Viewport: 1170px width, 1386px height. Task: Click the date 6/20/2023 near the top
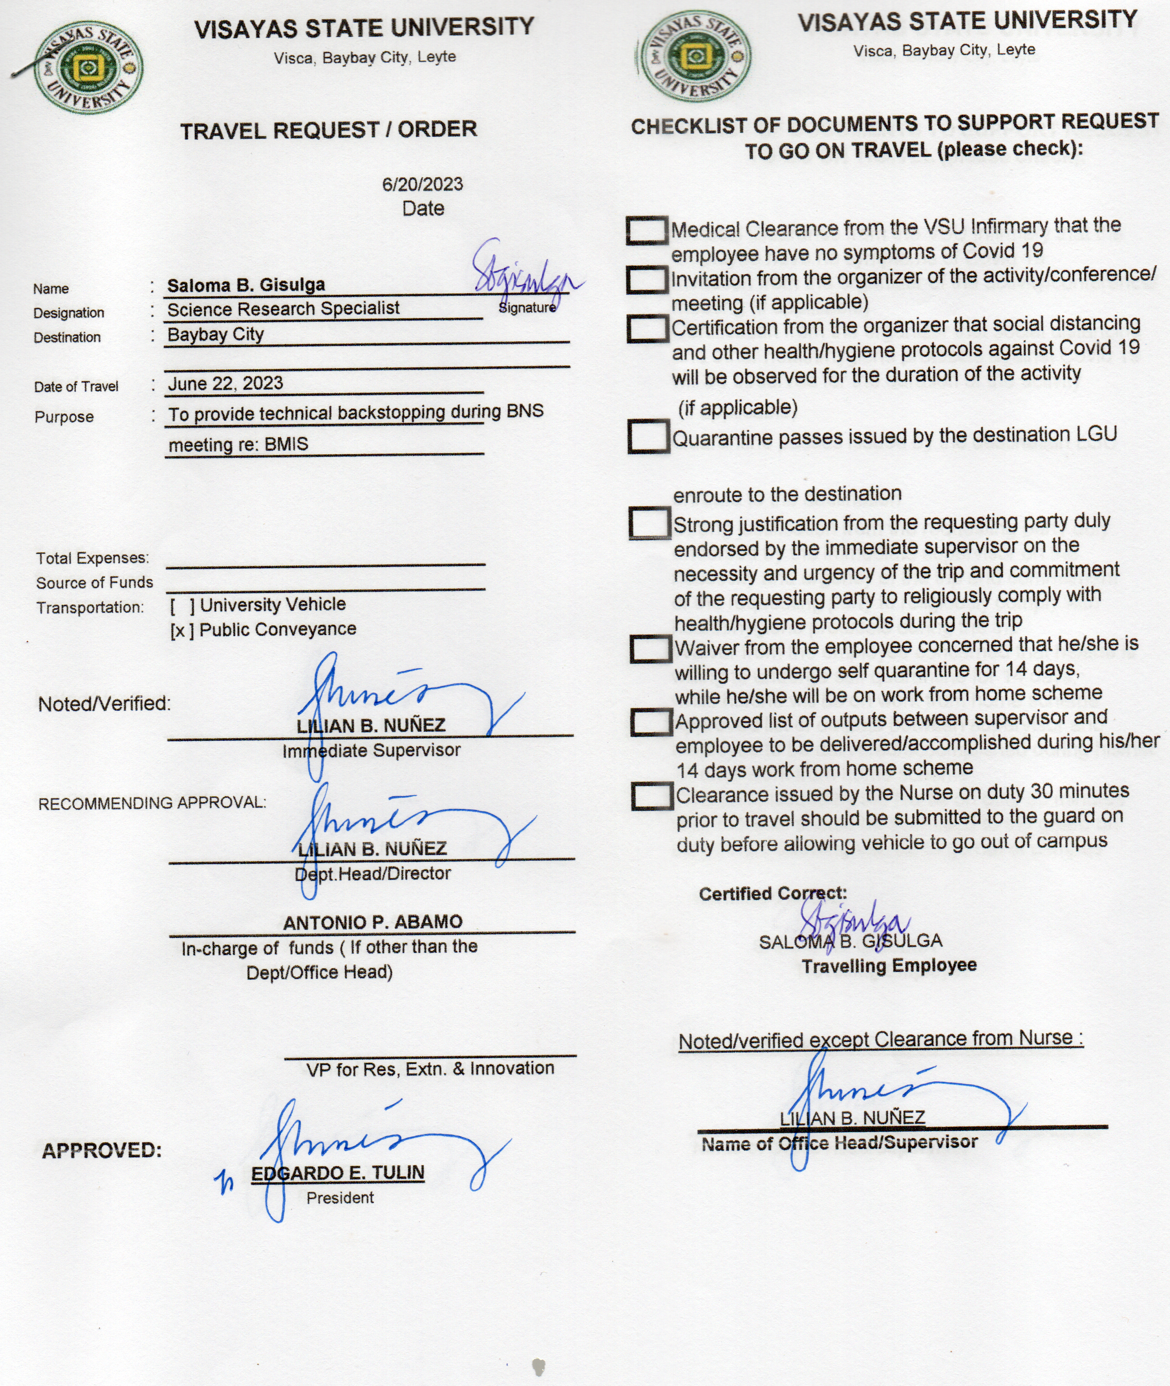point(422,184)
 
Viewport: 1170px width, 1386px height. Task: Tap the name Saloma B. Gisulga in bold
point(246,286)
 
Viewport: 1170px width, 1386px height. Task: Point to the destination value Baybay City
point(215,334)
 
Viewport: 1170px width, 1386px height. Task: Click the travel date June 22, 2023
point(225,384)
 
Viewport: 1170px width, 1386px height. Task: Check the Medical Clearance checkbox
point(647,231)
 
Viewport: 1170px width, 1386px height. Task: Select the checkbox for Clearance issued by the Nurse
point(652,796)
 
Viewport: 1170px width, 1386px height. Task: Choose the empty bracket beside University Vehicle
point(182,606)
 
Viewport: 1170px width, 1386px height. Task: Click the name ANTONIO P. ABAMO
point(373,922)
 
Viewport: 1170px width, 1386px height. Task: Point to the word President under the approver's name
point(340,1198)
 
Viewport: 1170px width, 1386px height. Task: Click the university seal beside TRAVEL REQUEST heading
point(88,69)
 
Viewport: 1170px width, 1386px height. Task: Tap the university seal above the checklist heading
point(694,57)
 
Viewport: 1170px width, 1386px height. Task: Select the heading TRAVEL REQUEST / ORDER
point(329,130)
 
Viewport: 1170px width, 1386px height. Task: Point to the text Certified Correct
point(773,894)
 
